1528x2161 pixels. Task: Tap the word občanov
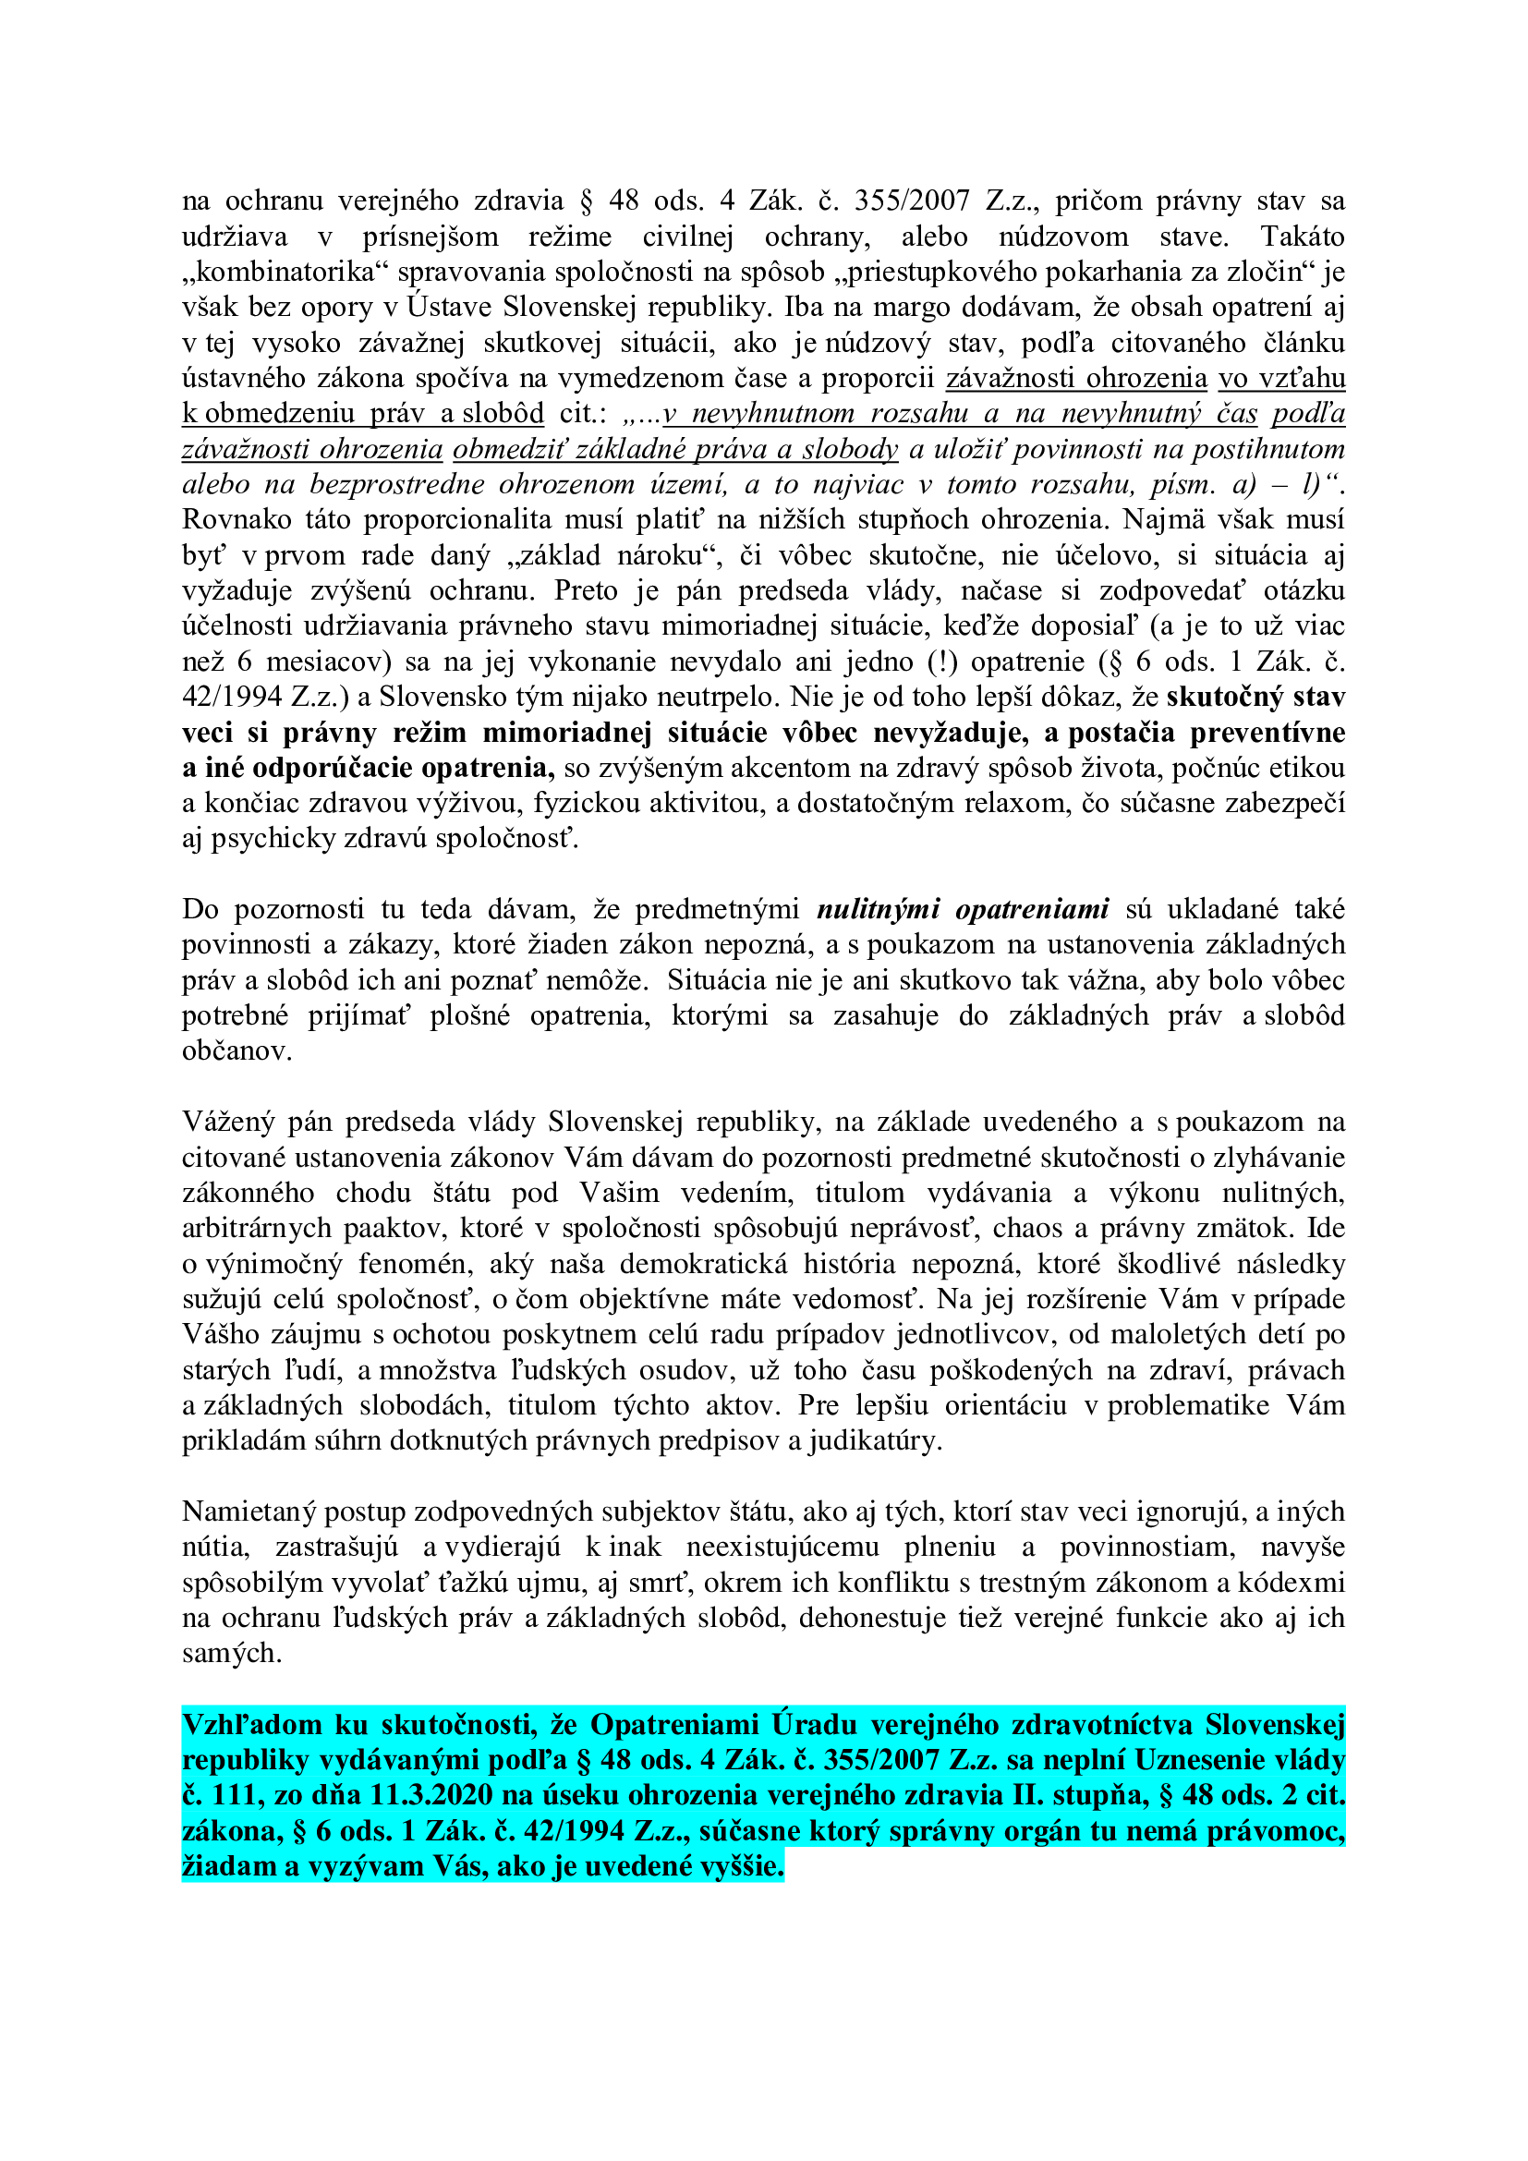pos(236,1051)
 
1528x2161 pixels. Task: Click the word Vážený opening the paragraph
pos(228,1122)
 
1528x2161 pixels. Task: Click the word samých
pos(232,1654)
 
